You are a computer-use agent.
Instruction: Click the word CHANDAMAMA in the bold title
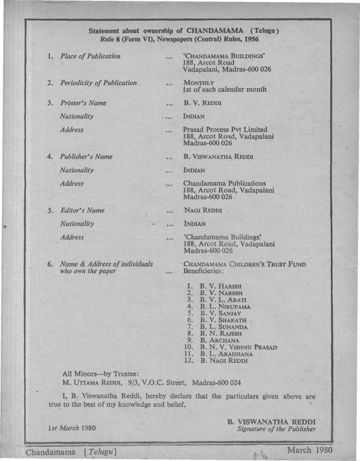click(x=214, y=30)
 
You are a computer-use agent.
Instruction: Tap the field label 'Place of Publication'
click(x=90, y=56)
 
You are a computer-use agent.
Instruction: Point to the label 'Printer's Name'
click(x=83, y=103)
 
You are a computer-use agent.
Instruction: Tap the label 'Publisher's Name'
click(x=86, y=156)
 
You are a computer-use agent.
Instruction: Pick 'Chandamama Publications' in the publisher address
click(x=225, y=184)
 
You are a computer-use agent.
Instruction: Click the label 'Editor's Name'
click(x=82, y=210)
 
